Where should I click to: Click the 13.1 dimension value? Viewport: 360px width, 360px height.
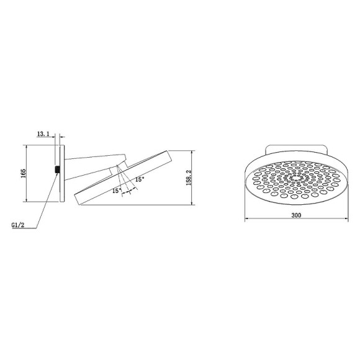coord(43,134)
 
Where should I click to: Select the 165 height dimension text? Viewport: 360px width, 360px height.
coord(22,173)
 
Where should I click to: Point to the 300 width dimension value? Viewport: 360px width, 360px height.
coord(295,215)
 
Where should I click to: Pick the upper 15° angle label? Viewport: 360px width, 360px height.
coord(140,179)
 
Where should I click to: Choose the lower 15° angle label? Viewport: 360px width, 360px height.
coord(116,191)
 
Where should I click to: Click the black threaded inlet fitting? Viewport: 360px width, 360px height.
coord(57,169)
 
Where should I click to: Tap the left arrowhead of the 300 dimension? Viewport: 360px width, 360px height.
coord(246,219)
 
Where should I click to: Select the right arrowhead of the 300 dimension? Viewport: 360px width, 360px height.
coord(346,219)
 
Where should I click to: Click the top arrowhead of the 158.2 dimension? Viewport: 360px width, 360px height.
coord(192,151)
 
